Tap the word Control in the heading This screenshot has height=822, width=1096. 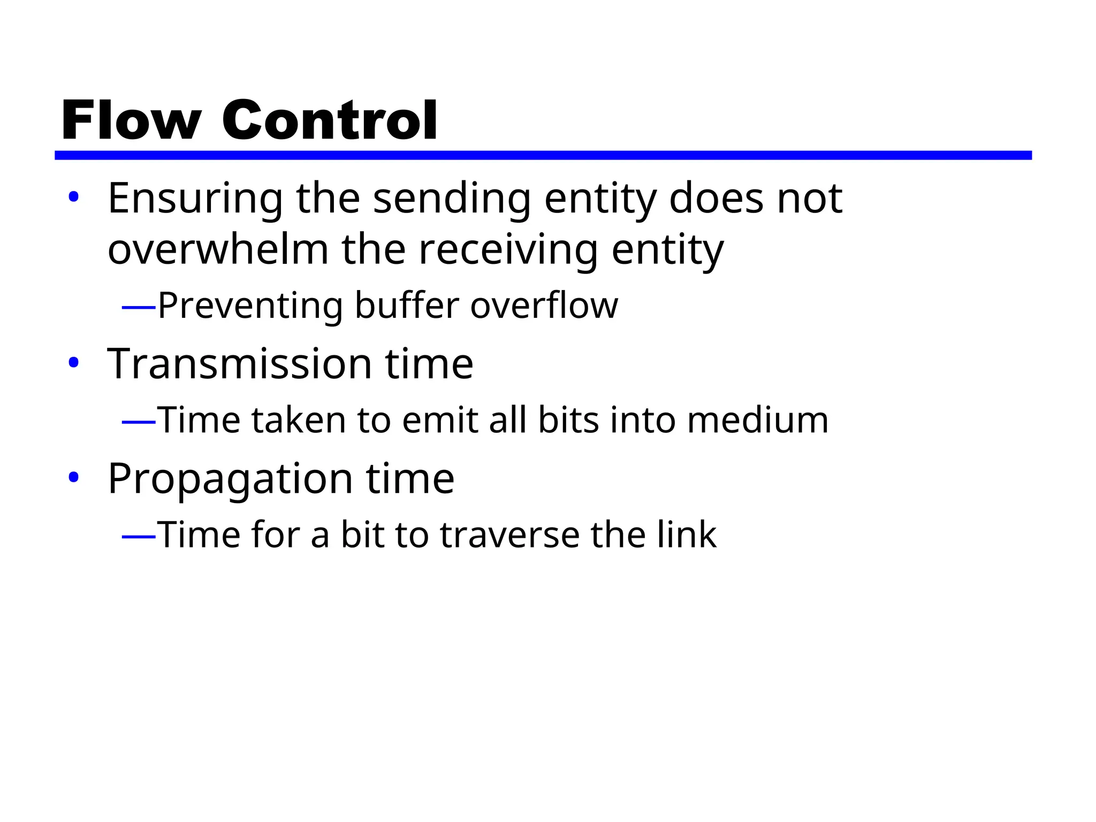(330, 120)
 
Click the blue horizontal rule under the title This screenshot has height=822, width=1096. (543, 155)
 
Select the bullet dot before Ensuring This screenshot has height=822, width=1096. (74, 197)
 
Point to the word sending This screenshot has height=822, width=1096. (452, 199)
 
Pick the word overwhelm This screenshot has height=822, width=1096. (218, 249)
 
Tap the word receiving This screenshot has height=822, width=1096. (508, 250)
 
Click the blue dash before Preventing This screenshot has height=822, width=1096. (139, 308)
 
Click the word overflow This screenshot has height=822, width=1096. (544, 306)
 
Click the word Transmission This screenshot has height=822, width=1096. (240, 364)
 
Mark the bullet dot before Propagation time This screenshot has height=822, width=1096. (74, 477)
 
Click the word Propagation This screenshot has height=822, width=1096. (230, 479)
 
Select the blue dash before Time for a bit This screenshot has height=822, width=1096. (139, 536)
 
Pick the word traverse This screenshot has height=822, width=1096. (509, 535)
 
